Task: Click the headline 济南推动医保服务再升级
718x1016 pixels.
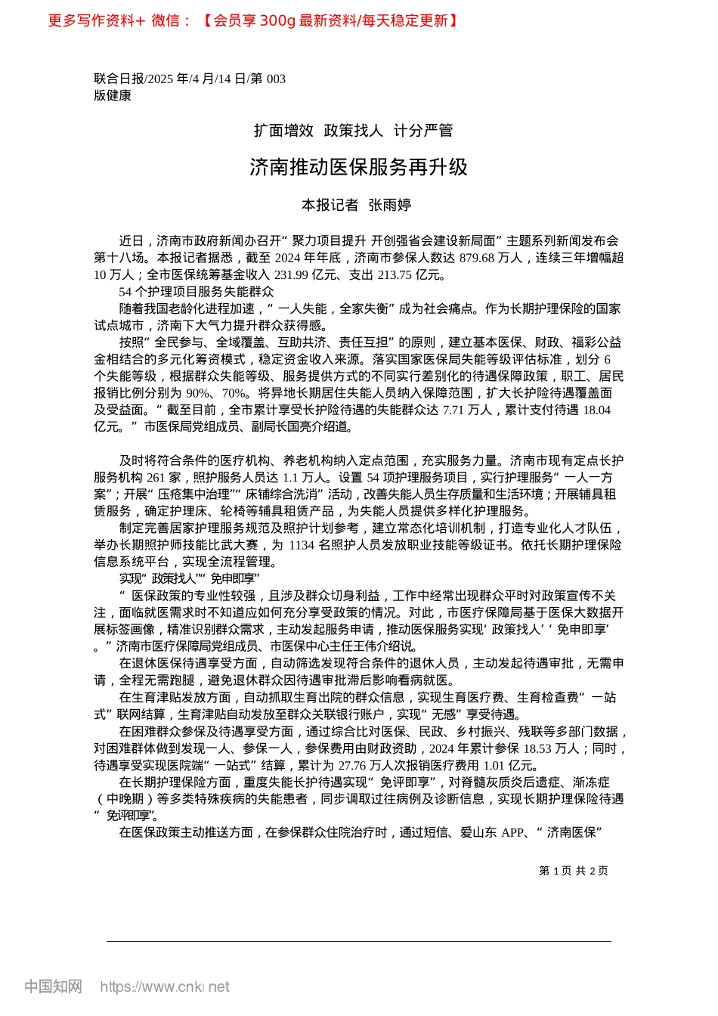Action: point(359,167)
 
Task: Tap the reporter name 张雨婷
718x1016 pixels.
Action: point(389,205)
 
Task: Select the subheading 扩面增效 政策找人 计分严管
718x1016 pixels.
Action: point(353,131)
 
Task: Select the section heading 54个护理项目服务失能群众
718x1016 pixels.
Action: point(197,292)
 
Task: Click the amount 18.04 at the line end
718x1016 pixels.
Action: point(596,410)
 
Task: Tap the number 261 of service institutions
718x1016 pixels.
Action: point(156,478)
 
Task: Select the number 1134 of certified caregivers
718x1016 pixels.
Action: point(302,545)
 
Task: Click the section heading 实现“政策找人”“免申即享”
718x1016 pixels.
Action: point(189,579)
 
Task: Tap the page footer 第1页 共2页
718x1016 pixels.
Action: point(574,871)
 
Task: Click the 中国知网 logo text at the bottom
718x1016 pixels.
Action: point(53,987)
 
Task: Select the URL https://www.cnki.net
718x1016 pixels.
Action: point(165,987)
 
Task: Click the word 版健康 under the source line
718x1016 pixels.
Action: point(113,96)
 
